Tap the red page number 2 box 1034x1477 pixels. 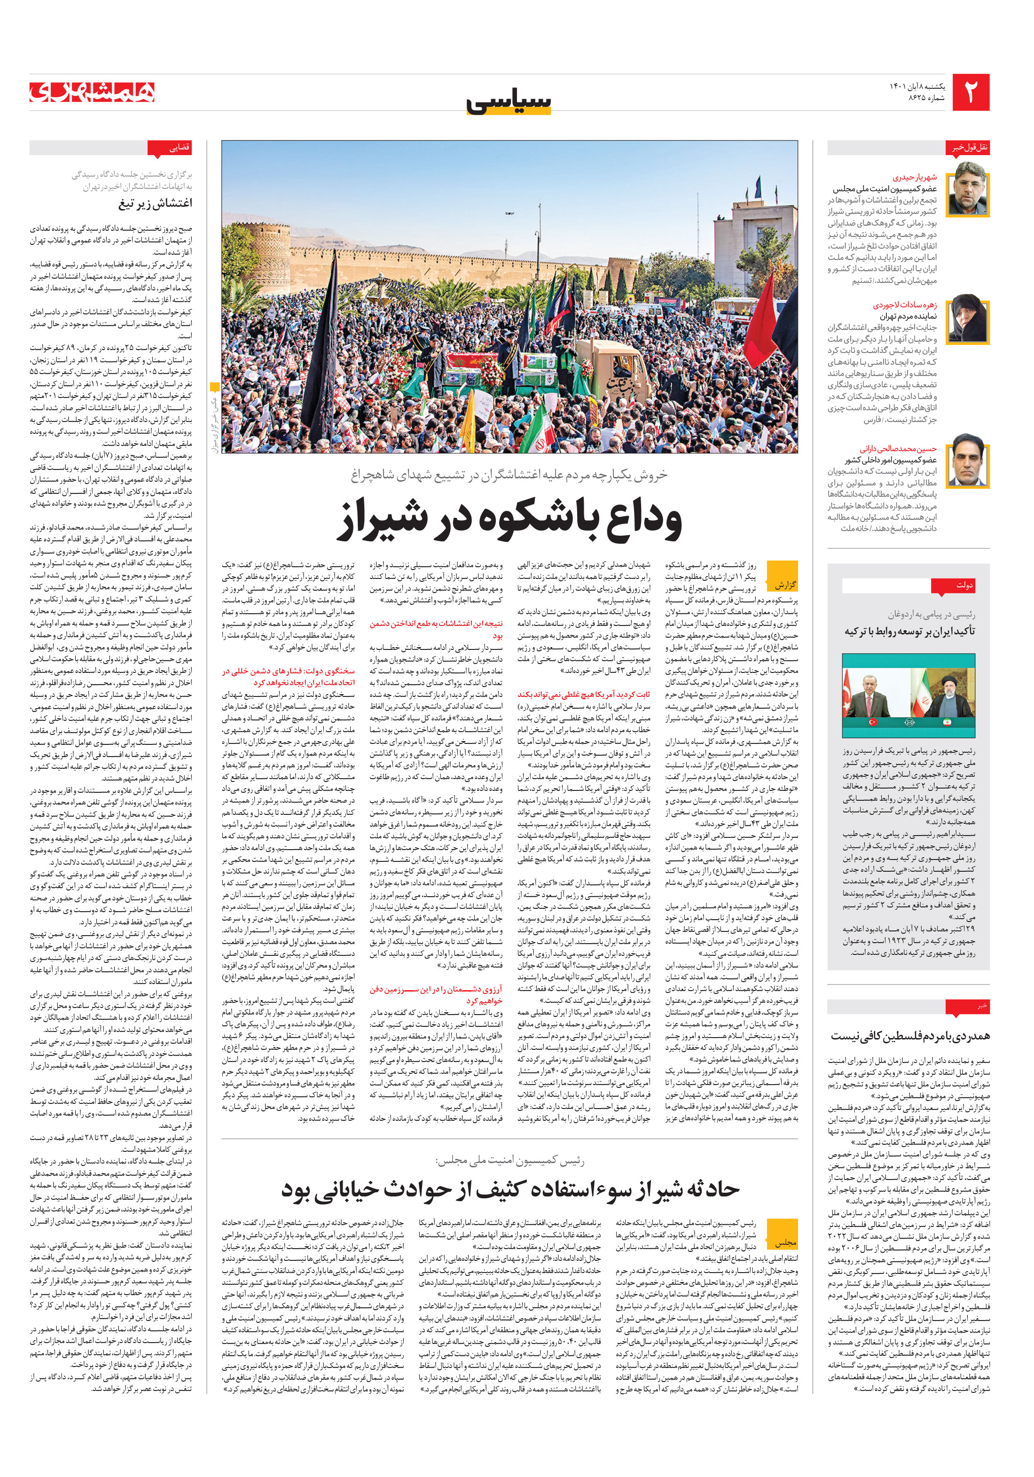tap(970, 93)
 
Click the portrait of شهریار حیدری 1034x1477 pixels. tap(970, 188)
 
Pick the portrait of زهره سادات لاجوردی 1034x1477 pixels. tap(970, 320)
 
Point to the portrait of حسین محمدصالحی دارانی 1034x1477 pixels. tap(970, 460)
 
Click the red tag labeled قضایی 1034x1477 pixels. tap(170, 148)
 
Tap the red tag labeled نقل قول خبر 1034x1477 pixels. tap(970, 147)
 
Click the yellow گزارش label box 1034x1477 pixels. tap(783, 584)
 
